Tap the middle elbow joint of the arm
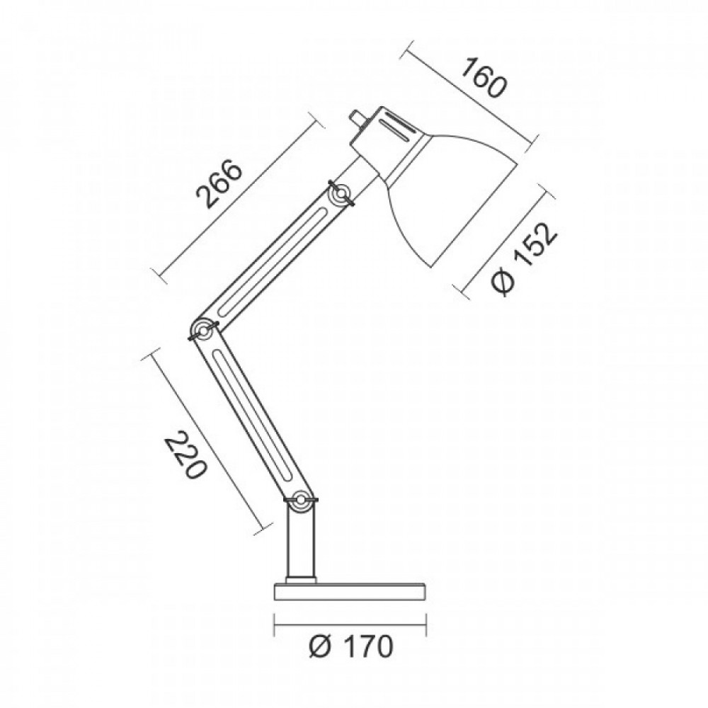[x=203, y=331]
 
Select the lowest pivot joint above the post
[x=301, y=500]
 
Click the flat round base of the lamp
[x=350, y=591]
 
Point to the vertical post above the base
[x=300, y=542]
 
